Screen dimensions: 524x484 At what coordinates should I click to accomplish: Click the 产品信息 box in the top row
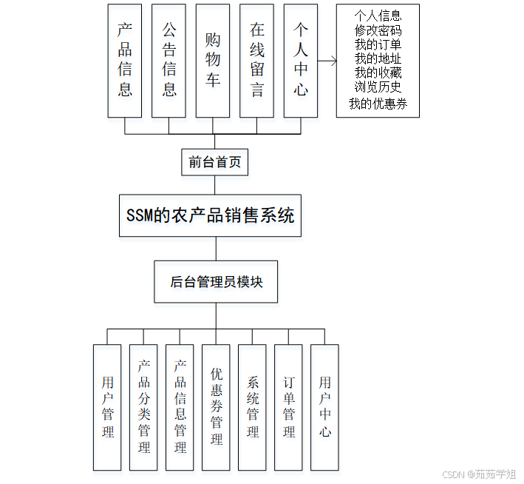point(125,61)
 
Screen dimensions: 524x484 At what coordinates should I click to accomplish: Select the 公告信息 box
point(169,61)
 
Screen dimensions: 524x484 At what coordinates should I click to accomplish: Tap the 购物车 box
point(213,61)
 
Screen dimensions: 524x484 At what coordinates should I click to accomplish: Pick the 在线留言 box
point(256,61)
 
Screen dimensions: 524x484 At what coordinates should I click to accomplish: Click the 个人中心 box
point(301,61)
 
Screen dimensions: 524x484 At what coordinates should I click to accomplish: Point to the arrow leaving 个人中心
point(327,61)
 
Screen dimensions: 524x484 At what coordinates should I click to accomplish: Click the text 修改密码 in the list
point(378,30)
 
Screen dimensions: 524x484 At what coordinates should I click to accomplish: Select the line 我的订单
point(378,44)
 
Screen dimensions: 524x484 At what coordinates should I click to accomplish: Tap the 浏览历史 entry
point(378,87)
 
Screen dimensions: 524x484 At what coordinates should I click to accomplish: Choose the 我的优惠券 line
point(378,104)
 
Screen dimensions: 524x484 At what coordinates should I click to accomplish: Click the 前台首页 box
point(215,162)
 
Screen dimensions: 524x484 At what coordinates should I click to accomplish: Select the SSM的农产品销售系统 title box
point(211,215)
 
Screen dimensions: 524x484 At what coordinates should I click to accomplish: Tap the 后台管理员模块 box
point(216,282)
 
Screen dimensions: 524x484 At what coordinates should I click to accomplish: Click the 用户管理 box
point(108,407)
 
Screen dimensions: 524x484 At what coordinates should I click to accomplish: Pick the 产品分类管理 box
point(144,407)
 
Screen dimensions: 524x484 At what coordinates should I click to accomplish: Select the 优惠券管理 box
point(217,407)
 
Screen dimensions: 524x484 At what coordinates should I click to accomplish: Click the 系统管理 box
point(253,407)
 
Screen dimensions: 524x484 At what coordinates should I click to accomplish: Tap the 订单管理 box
point(289,407)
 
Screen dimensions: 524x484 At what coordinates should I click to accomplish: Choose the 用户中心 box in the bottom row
point(325,407)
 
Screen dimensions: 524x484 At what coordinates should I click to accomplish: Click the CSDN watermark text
point(479,474)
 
